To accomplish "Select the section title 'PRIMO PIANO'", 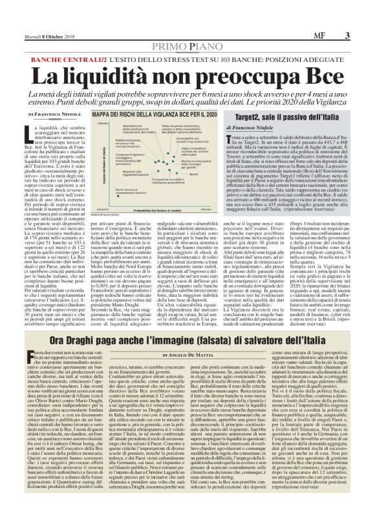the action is coord(187,47).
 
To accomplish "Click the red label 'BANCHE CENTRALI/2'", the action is coord(66,58).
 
